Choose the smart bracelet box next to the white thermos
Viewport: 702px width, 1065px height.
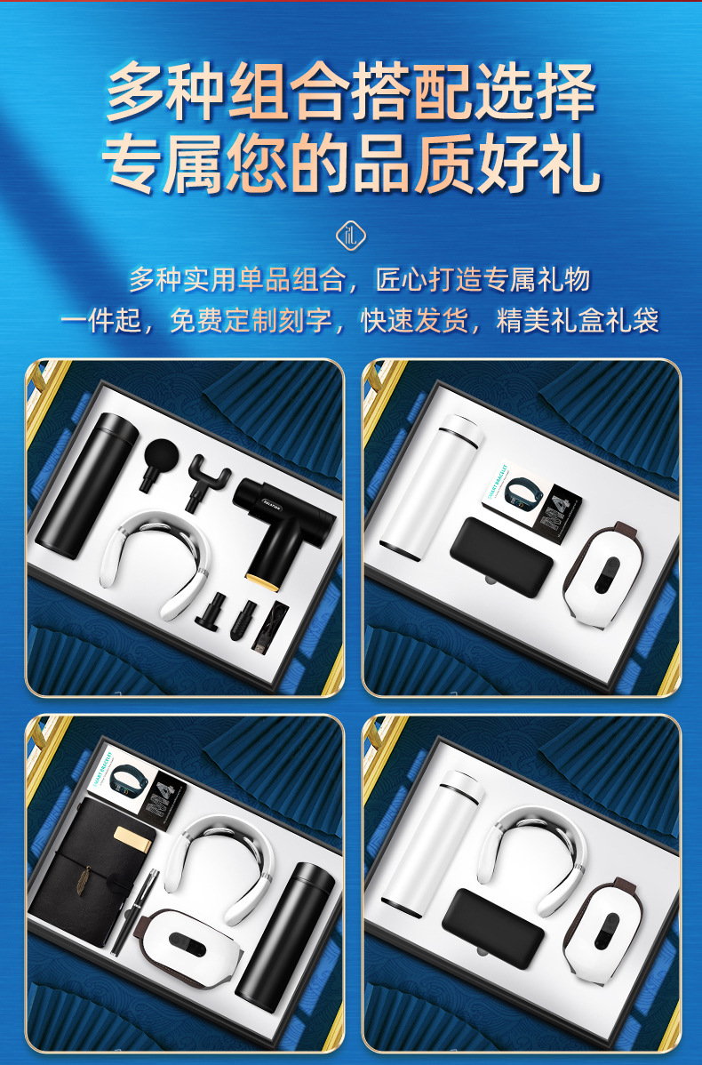coord(532,501)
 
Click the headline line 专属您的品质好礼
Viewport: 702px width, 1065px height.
coord(350,167)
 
